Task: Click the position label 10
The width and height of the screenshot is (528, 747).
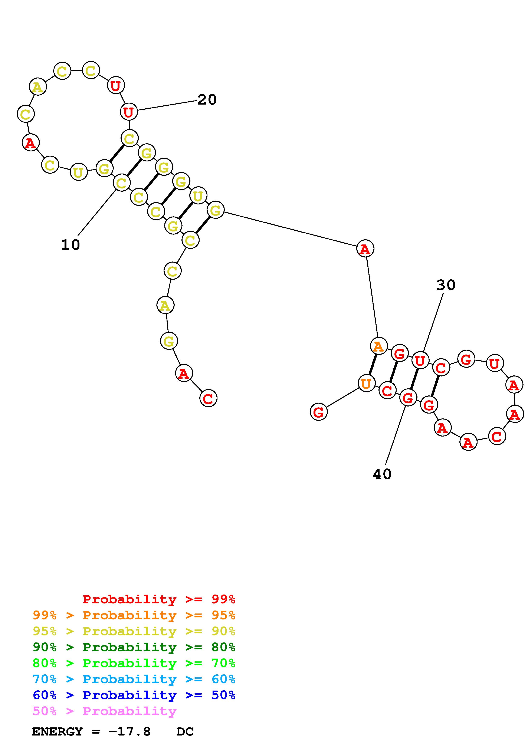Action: [70, 245]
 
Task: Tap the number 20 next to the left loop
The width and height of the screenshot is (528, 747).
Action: [207, 100]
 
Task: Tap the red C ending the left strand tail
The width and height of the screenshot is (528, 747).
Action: [208, 398]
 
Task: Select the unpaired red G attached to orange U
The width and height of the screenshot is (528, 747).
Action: [318, 412]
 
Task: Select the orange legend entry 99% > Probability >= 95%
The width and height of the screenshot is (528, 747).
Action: [134, 615]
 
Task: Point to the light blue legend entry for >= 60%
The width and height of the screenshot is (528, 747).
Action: [134, 679]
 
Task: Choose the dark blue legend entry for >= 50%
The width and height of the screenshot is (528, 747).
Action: [134, 695]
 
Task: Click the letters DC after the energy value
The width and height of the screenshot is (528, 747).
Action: [185, 731]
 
